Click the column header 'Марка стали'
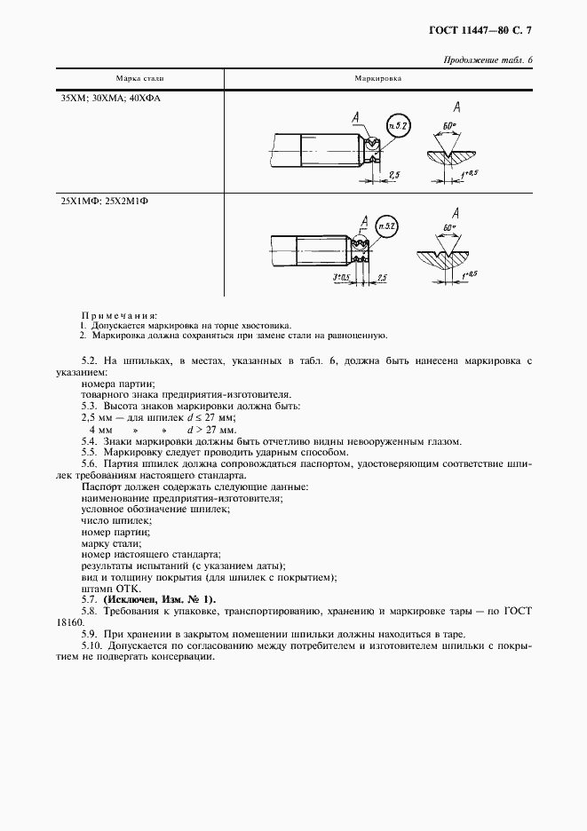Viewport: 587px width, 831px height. [139, 79]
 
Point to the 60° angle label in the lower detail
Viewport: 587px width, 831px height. [449, 229]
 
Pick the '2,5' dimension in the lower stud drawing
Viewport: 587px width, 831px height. [381, 278]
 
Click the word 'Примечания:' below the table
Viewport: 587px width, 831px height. [119, 315]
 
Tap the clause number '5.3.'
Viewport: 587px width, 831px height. [89, 406]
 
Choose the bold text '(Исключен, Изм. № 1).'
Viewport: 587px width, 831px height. [158, 599]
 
